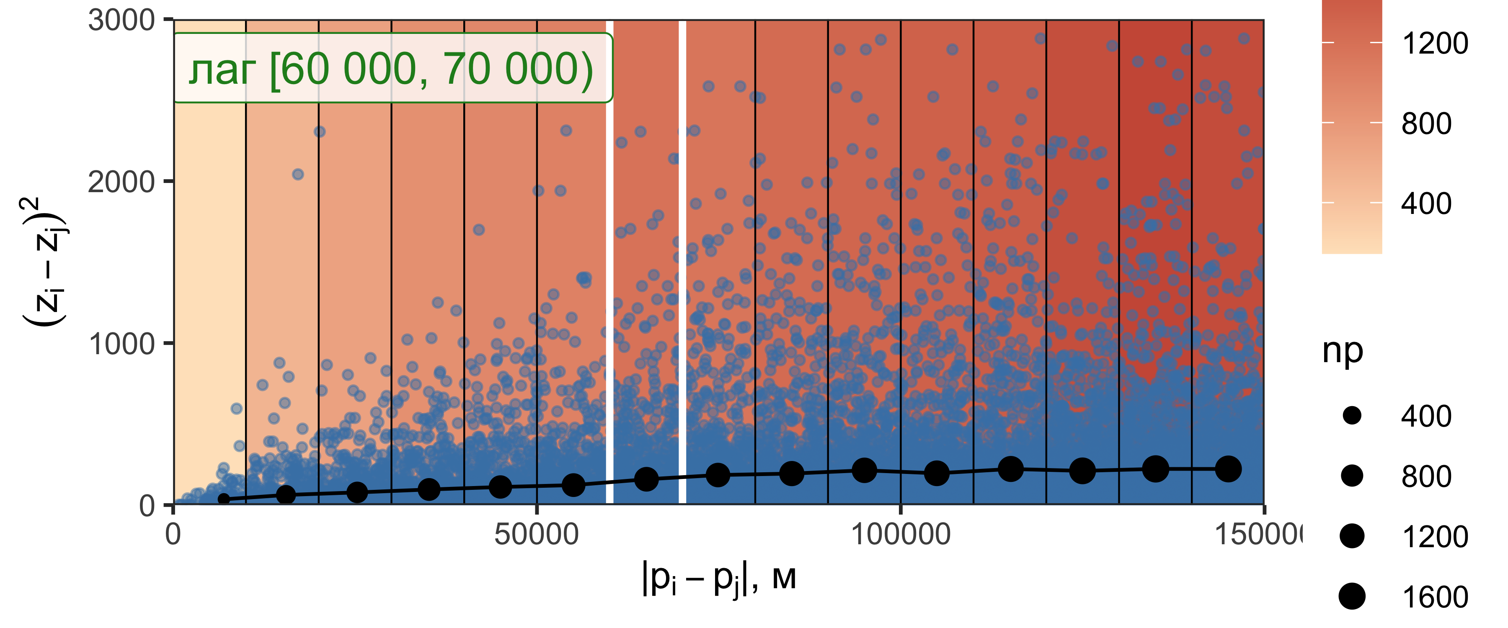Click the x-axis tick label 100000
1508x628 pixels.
900,534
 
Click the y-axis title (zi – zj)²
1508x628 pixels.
44,262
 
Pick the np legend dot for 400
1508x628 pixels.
1352,416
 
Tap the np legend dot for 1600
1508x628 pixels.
1352,597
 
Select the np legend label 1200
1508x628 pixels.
1434,536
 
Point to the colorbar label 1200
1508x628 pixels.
1434,43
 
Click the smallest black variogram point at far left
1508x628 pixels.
224,499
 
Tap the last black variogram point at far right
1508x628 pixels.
1228,468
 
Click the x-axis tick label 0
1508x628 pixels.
173,534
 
